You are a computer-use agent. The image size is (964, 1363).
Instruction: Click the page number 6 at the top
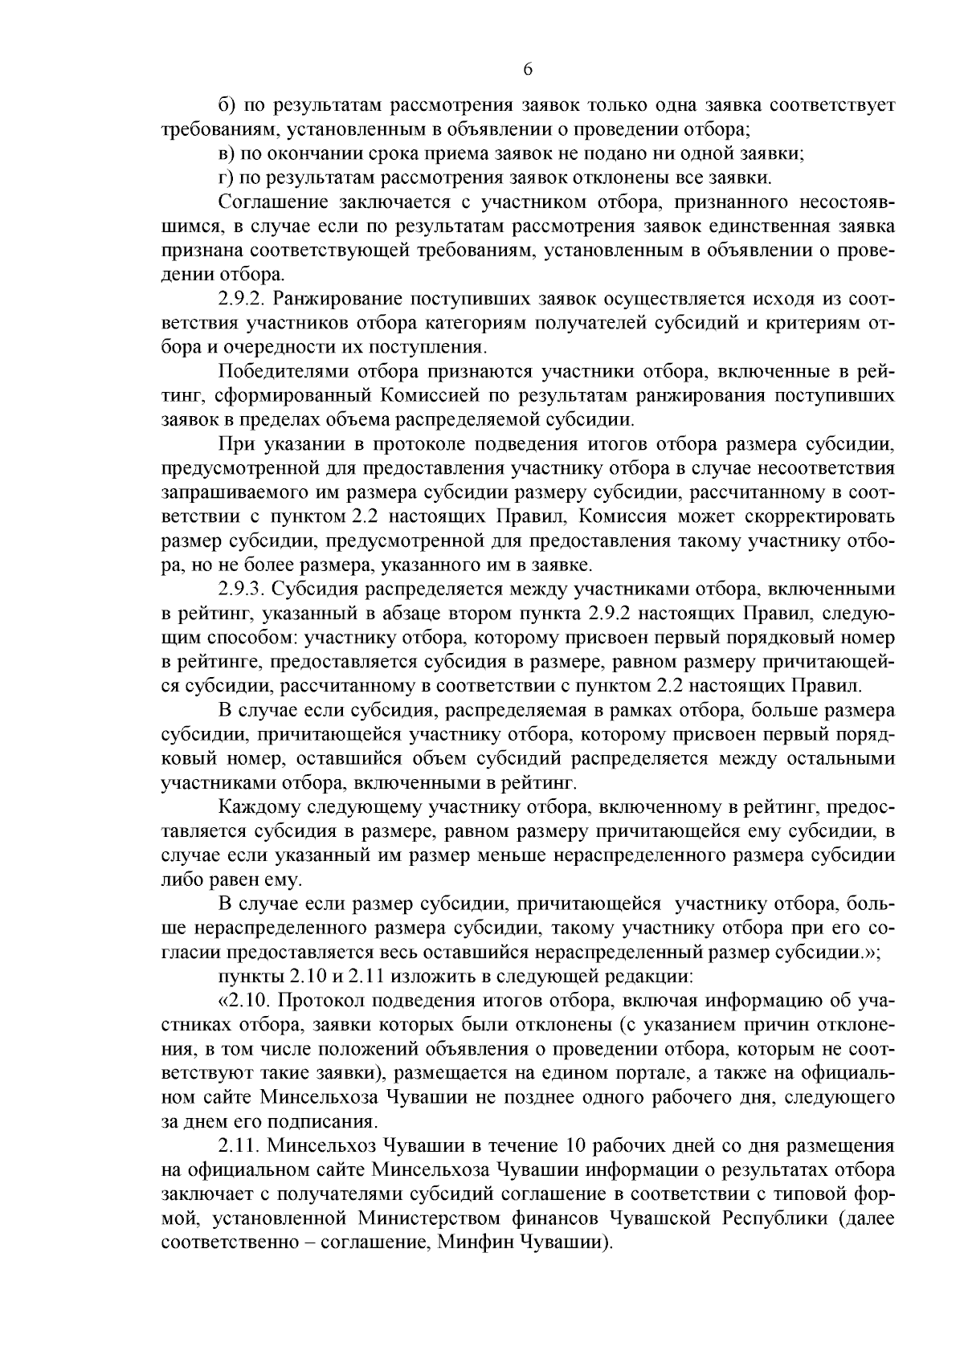tap(528, 70)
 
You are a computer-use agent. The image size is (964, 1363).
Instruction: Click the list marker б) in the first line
tap(226, 105)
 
